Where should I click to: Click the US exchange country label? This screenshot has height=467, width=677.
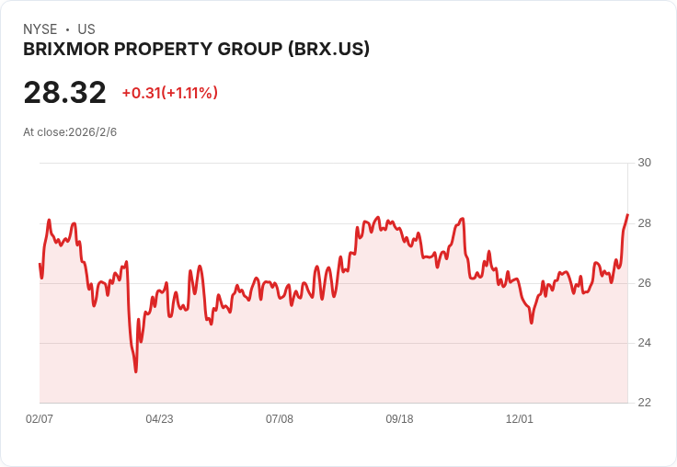tap(86, 29)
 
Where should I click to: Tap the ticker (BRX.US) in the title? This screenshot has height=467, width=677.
tap(328, 50)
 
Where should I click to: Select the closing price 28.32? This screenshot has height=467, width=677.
tap(64, 93)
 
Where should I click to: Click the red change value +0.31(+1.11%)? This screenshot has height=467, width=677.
tap(169, 93)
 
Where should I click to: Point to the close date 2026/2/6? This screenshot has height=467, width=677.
tap(92, 132)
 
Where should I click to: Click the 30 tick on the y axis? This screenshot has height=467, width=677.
tap(644, 163)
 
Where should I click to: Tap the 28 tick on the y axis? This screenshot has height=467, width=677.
tap(644, 223)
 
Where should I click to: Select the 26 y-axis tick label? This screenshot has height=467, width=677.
tap(644, 283)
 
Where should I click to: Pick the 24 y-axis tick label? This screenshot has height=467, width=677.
tap(644, 343)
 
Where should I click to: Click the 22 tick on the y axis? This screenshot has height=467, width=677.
tap(644, 403)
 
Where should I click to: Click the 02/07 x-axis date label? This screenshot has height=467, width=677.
tap(40, 419)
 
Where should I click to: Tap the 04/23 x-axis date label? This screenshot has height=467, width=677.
tap(159, 419)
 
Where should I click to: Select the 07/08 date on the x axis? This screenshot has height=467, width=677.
tap(280, 419)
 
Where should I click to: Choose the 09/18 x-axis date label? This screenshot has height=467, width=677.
tap(399, 419)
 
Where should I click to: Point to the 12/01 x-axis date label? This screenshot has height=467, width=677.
tap(520, 419)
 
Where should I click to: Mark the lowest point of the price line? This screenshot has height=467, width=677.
tap(136, 371)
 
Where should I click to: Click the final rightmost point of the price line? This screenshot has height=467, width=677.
tap(627, 215)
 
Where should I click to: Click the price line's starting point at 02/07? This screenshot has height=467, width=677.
tap(40, 264)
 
